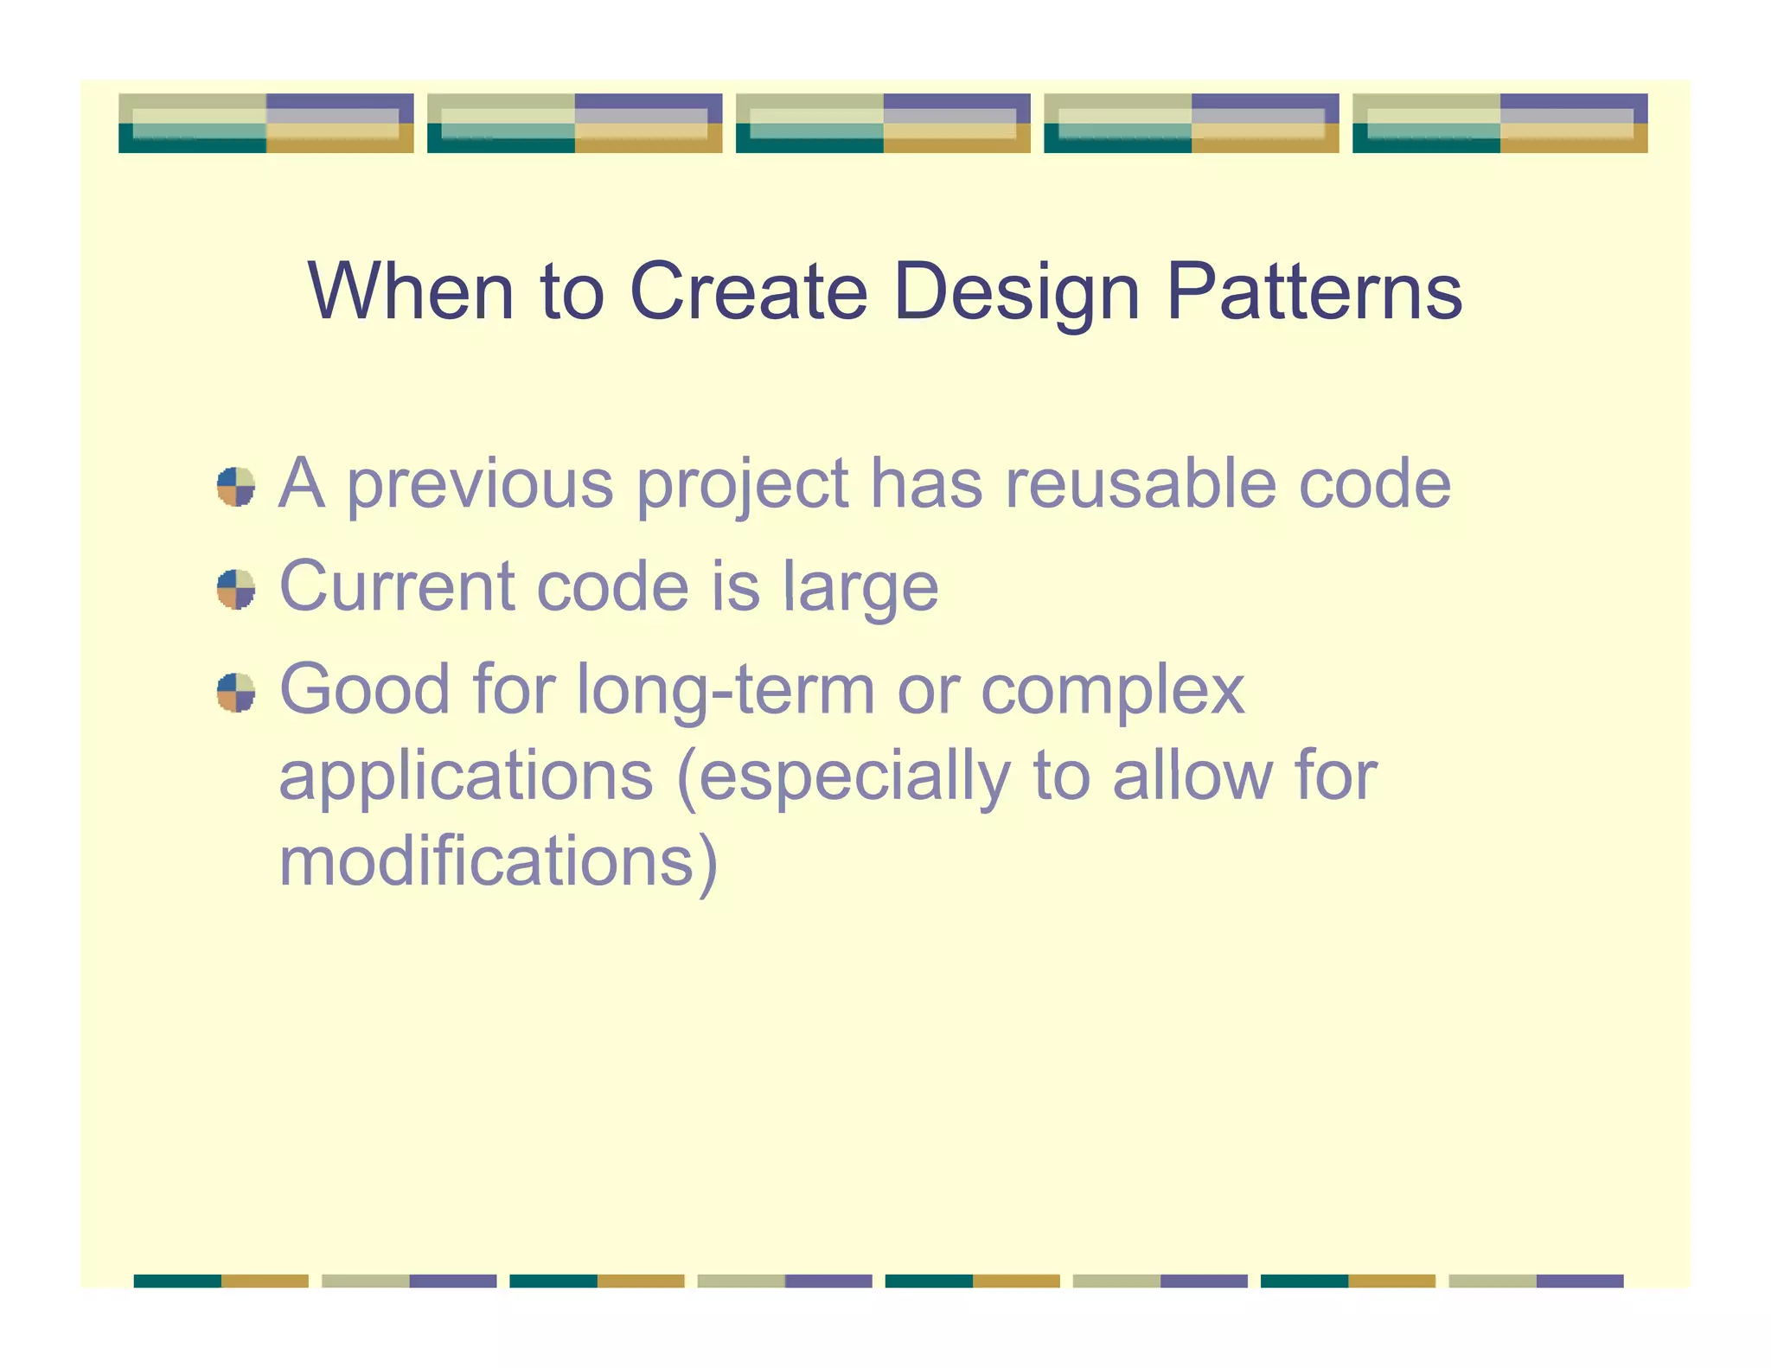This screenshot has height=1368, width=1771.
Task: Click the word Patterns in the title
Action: (1314, 292)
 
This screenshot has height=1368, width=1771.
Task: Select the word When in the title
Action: (411, 292)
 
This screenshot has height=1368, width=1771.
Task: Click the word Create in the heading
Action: (748, 292)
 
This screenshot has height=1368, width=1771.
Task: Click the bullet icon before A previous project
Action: (235, 487)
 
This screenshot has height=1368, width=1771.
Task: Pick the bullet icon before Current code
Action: (235, 590)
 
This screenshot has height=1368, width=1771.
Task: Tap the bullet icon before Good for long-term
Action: (235, 693)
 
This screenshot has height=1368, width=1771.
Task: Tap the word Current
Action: (398, 586)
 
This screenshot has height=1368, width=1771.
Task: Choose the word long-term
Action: (726, 691)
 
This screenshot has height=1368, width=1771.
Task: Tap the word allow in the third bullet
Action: (1192, 775)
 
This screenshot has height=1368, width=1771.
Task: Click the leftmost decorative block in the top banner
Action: (265, 124)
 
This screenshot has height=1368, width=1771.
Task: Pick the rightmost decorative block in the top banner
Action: (1499, 124)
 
